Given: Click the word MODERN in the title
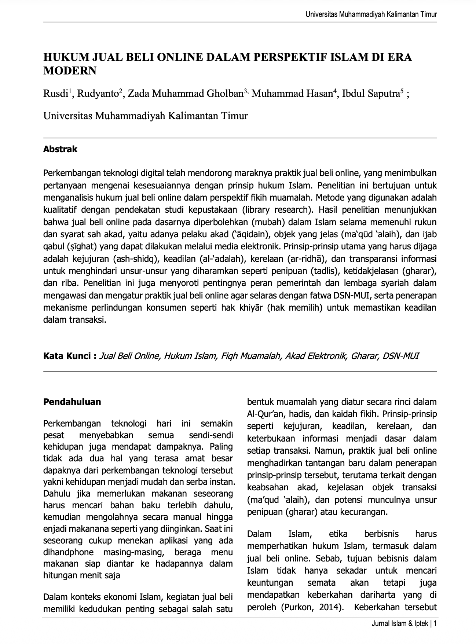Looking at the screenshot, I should tap(70, 71).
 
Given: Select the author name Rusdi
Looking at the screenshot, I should tap(55, 94).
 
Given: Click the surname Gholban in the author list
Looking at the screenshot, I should tap(224, 94).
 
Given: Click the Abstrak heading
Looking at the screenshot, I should tap(60, 149).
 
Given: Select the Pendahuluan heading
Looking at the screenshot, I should tap(72, 402).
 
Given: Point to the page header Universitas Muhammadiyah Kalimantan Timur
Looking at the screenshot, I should tap(371, 15).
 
